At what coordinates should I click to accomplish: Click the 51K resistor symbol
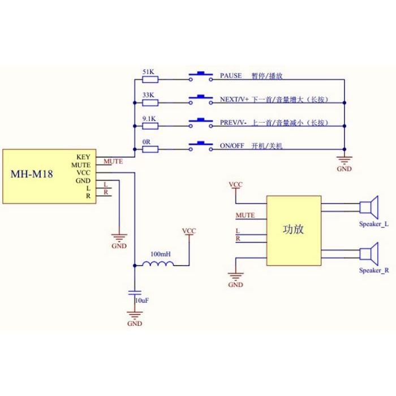150,80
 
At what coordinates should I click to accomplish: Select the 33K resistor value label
148,95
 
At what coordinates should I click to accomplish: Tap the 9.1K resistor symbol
150,126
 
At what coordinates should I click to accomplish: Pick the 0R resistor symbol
150,149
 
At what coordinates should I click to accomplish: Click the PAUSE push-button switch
201,76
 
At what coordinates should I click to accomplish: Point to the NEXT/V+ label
234,99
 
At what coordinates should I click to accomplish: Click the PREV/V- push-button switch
201,123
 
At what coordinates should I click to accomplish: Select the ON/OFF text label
232,146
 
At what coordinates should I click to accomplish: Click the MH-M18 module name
32,174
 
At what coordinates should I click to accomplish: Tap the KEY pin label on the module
83,157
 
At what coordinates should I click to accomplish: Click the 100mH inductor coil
158,264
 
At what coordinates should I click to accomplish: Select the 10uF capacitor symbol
135,292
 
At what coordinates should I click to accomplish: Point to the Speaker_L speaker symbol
369,207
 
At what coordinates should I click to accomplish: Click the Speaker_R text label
374,270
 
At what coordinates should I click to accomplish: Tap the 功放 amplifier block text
293,229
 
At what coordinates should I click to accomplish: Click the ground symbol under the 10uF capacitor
135,315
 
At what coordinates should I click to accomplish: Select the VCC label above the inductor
189,231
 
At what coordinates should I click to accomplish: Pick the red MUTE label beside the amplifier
245,216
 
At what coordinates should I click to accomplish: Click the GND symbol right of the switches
344,160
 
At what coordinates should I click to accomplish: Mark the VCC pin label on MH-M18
84,173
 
